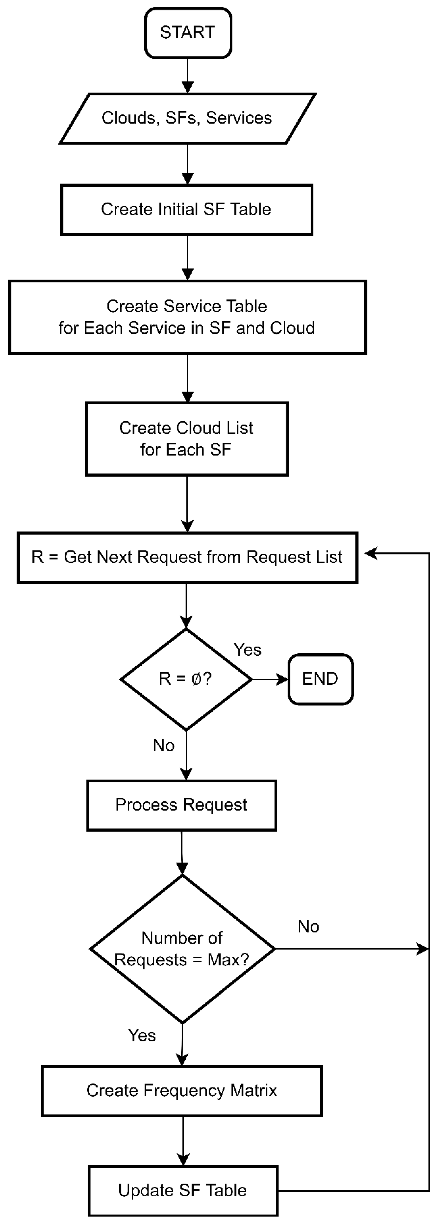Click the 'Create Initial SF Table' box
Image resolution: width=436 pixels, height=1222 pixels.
click(x=186, y=210)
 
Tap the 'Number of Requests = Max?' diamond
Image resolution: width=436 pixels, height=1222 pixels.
click(x=182, y=949)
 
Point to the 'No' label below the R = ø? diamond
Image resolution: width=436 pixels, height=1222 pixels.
click(x=163, y=746)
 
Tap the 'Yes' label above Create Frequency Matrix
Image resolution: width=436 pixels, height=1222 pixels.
click(x=142, y=1035)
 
